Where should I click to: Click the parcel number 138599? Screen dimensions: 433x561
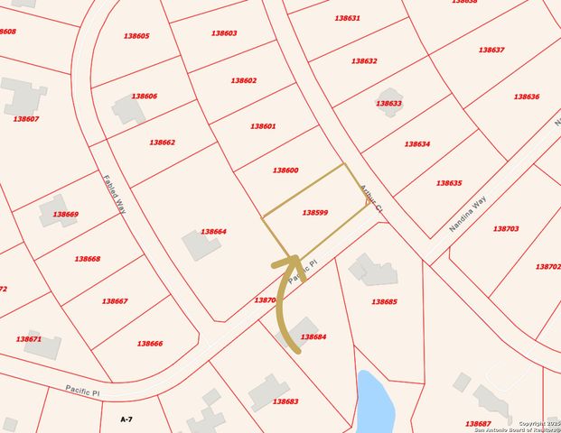click(314, 213)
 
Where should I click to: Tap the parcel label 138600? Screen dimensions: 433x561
click(285, 170)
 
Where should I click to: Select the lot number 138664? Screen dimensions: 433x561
click(213, 232)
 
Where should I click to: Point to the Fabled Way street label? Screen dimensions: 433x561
click(114, 193)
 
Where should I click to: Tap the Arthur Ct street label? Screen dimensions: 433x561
click(372, 196)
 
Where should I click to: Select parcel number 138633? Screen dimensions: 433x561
click(388, 104)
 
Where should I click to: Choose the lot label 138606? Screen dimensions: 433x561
click(145, 96)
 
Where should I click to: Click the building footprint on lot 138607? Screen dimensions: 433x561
click(23, 96)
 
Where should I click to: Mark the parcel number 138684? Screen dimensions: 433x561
click(313, 336)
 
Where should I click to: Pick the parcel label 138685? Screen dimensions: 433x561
click(384, 301)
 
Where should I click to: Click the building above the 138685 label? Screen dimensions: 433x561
click(373, 270)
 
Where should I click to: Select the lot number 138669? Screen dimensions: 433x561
click(65, 215)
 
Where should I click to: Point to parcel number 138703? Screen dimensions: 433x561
click(506, 229)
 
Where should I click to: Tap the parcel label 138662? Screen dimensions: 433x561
click(162, 143)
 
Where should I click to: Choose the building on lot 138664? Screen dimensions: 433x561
click(201, 244)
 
